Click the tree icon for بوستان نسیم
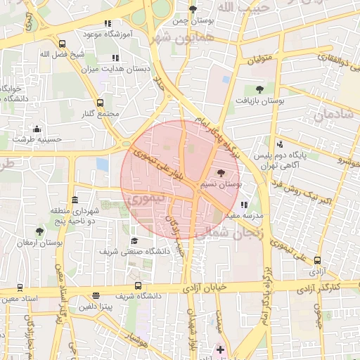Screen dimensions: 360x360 click(x=222, y=173)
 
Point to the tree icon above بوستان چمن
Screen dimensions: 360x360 click(x=193, y=9)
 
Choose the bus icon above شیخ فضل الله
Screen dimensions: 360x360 click(x=63, y=44)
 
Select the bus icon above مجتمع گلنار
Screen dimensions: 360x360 click(x=100, y=103)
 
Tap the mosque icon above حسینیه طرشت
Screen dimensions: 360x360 click(x=37, y=129)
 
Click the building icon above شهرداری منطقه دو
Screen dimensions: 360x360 click(x=75, y=200)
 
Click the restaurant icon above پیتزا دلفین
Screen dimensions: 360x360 click(x=96, y=296)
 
